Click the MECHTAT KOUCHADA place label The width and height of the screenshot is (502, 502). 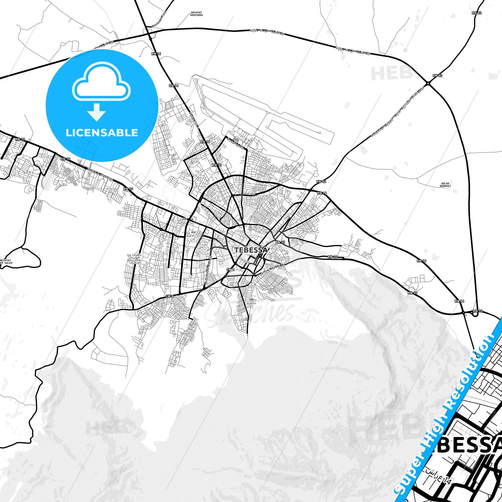(197, 14)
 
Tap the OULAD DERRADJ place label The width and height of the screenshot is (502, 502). (445, 184)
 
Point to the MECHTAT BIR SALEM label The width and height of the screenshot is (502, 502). (6, 262)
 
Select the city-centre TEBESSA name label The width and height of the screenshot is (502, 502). (251, 250)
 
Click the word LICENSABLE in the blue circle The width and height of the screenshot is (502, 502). (102, 133)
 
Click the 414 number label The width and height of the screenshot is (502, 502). (194, 232)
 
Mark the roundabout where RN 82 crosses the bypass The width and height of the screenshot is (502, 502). (429, 83)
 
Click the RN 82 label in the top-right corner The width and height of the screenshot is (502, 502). (477, 13)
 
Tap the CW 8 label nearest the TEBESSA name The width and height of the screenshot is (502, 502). (230, 270)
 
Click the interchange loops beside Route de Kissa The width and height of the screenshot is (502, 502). (149, 34)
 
